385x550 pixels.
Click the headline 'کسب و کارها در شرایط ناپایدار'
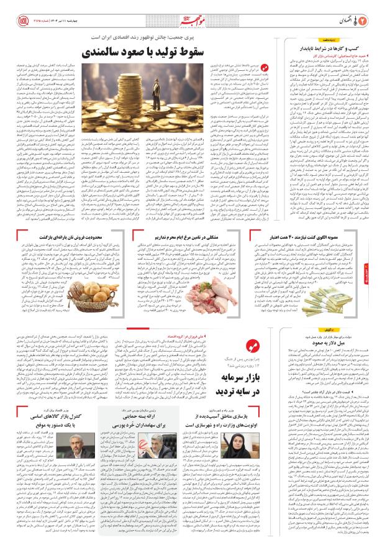[335, 47]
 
